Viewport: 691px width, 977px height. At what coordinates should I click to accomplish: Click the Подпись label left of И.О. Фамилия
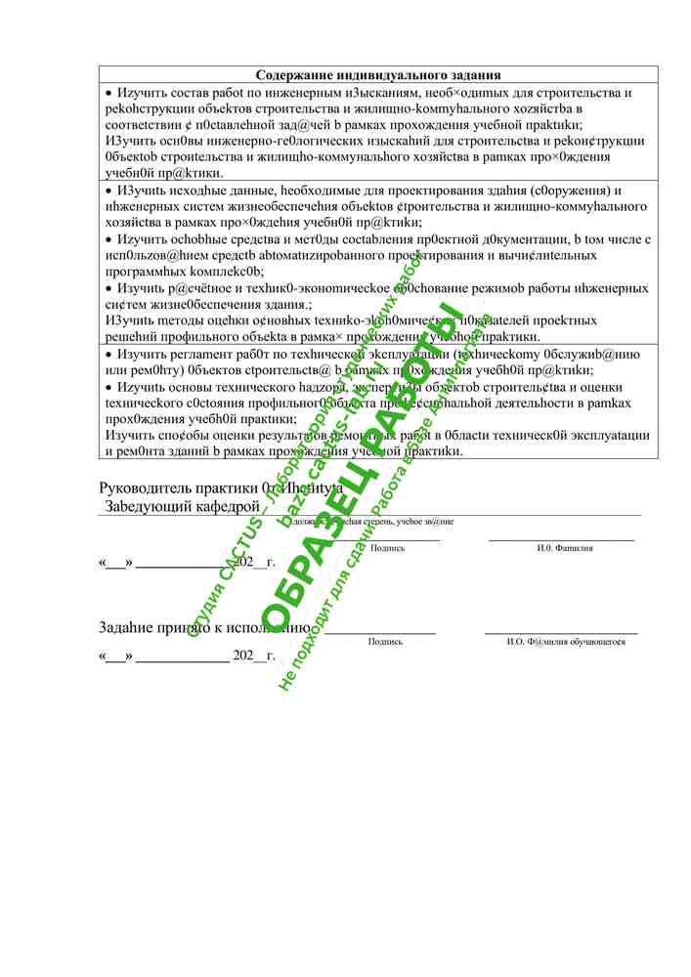point(388,548)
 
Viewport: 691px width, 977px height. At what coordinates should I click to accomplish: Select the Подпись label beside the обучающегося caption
point(385,641)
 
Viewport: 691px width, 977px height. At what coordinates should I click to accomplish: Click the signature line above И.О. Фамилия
point(561,539)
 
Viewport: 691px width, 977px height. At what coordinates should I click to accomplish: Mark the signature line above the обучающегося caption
point(561,633)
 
